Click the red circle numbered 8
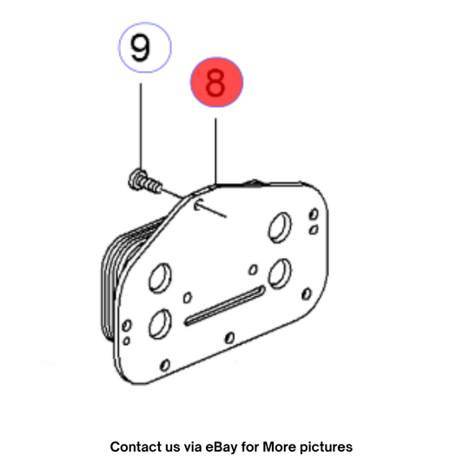tap(216, 82)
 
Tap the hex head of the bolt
tap(136, 180)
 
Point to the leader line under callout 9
tap(141, 126)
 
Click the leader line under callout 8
tap(215, 151)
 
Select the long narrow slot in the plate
tap(224, 305)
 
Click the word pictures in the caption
tap(327, 447)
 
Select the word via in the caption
tap(193, 446)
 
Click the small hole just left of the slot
tap(188, 297)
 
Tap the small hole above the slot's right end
tap(253, 269)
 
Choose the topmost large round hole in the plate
tap(280, 228)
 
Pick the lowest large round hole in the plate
tap(160, 324)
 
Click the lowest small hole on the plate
tap(165, 365)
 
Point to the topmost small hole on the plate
tap(314, 214)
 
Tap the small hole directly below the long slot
tap(229, 338)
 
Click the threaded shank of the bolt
tap(153, 185)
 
